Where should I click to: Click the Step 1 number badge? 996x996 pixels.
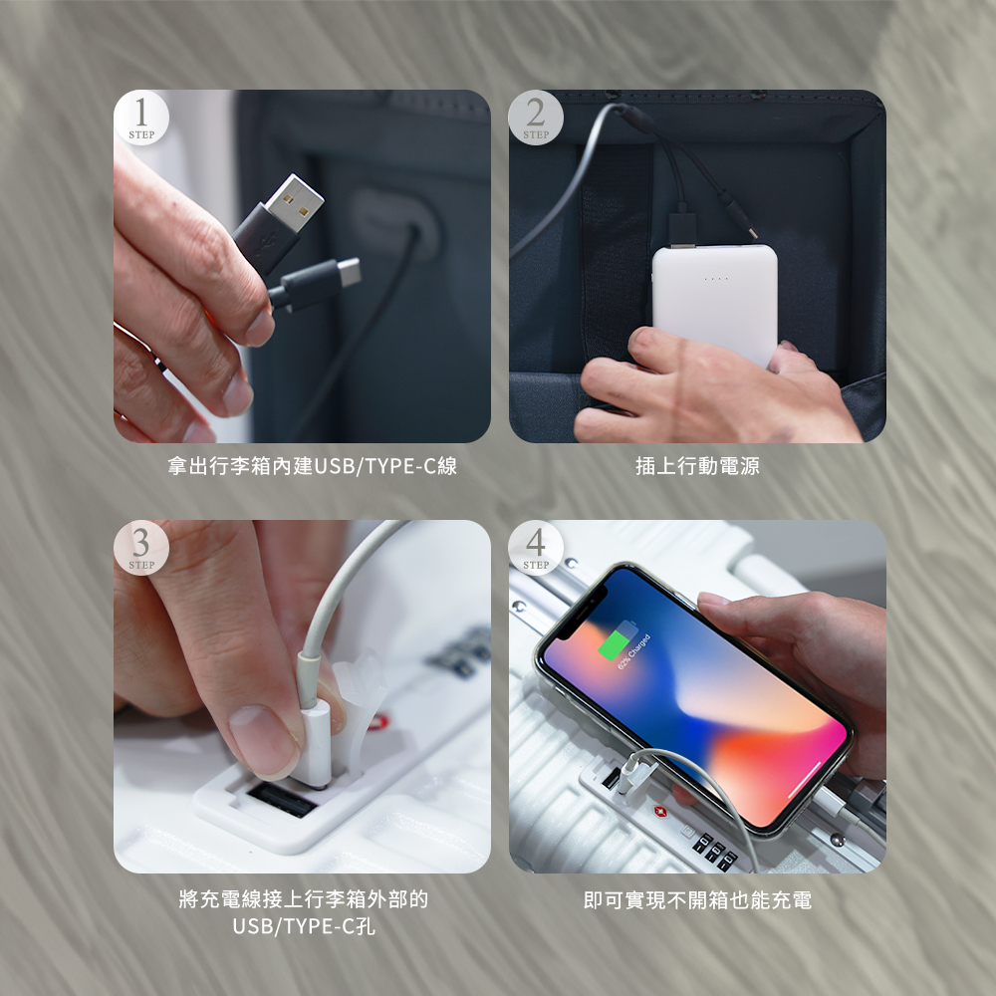[x=141, y=118]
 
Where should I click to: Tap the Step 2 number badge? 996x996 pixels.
[x=536, y=118]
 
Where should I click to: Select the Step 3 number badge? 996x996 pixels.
[x=141, y=548]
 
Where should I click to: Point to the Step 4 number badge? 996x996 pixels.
[x=536, y=548]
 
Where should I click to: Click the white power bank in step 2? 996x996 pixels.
[x=714, y=299]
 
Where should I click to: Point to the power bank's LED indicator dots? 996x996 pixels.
[x=715, y=278]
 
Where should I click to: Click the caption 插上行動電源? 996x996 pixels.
[x=697, y=466]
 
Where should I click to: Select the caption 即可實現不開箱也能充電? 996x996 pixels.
[x=697, y=900]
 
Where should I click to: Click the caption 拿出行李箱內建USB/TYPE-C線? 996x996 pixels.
[x=312, y=466]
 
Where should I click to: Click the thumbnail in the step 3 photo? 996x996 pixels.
[x=264, y=737]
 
